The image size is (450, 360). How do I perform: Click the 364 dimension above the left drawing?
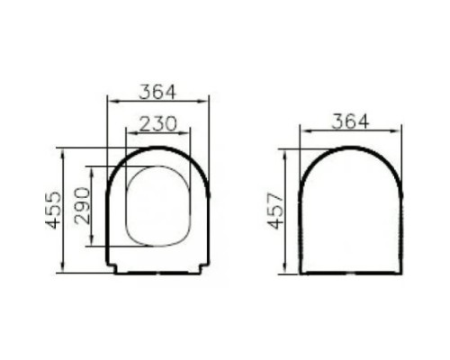[x=157, y=92]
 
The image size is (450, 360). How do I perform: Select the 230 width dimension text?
[x=157, y=123]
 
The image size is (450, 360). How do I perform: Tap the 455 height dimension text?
[x=53, y=209]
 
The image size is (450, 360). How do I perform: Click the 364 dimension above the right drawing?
[x=349, y=121]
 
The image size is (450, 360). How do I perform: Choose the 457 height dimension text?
[x=276, y=211]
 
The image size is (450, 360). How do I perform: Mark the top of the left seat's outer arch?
[x=158, y=147]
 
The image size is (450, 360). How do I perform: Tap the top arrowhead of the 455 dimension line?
[x=62, y=149]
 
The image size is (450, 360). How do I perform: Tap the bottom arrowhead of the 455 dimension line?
[x=62, y=270]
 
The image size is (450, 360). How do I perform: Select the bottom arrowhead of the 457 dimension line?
[x=285, y=271]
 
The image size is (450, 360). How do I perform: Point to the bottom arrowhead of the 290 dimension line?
[x=91, y=246]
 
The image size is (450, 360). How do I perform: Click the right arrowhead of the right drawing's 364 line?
[x=399, y=131]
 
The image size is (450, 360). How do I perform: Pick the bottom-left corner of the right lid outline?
[x=301, y=272]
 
